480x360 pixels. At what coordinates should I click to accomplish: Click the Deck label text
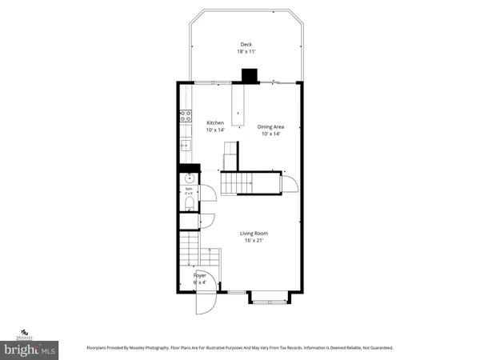[x=246, y=44]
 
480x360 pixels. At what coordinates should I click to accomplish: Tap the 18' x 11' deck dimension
[x=246, y=52]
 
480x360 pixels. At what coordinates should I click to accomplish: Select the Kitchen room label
[x=215, y=122]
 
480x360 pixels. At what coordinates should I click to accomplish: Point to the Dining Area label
[x=270, y=126]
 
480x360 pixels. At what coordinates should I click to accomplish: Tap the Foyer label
[x=199, y=275]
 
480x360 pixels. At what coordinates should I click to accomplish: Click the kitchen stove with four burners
[x=186, y=115]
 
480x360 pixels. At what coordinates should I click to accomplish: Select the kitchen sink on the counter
[x=186, y=145]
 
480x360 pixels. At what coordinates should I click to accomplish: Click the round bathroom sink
[x=189, y=179]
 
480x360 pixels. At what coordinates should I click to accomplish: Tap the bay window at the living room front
[x=268, y=298]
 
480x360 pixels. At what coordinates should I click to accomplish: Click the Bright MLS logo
[x=30, y=350]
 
